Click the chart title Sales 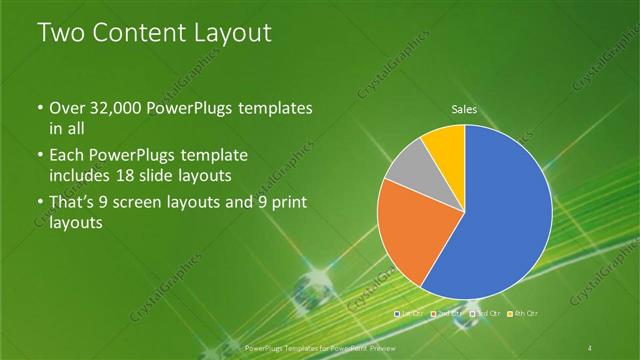tap(464, 109)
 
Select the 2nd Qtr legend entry tap(447, 315)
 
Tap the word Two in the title tap(61, 34)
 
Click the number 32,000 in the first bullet tap(114, 107)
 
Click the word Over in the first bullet tap(68, 107)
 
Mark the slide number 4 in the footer tap(591, 347)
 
